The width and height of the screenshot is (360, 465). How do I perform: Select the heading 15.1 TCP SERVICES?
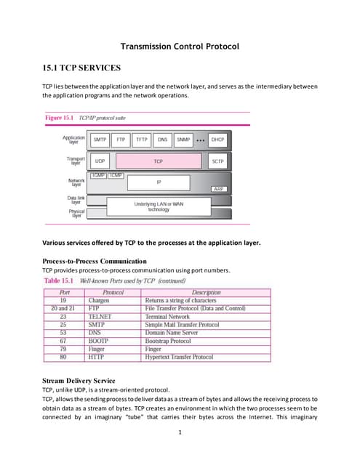pos(81,68)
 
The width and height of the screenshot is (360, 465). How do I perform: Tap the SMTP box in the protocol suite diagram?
pos(100,139)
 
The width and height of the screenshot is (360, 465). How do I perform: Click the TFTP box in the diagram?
pos(142,139)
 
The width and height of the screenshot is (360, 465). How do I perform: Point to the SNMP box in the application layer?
pos(183,139)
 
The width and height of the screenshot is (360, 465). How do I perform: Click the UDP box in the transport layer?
pos(100,161)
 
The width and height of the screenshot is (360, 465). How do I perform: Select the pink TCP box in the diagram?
pos(158,161)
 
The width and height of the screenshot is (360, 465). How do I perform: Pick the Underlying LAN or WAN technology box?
pos(159,207)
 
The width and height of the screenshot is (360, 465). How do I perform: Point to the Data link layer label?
pos(76,200)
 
